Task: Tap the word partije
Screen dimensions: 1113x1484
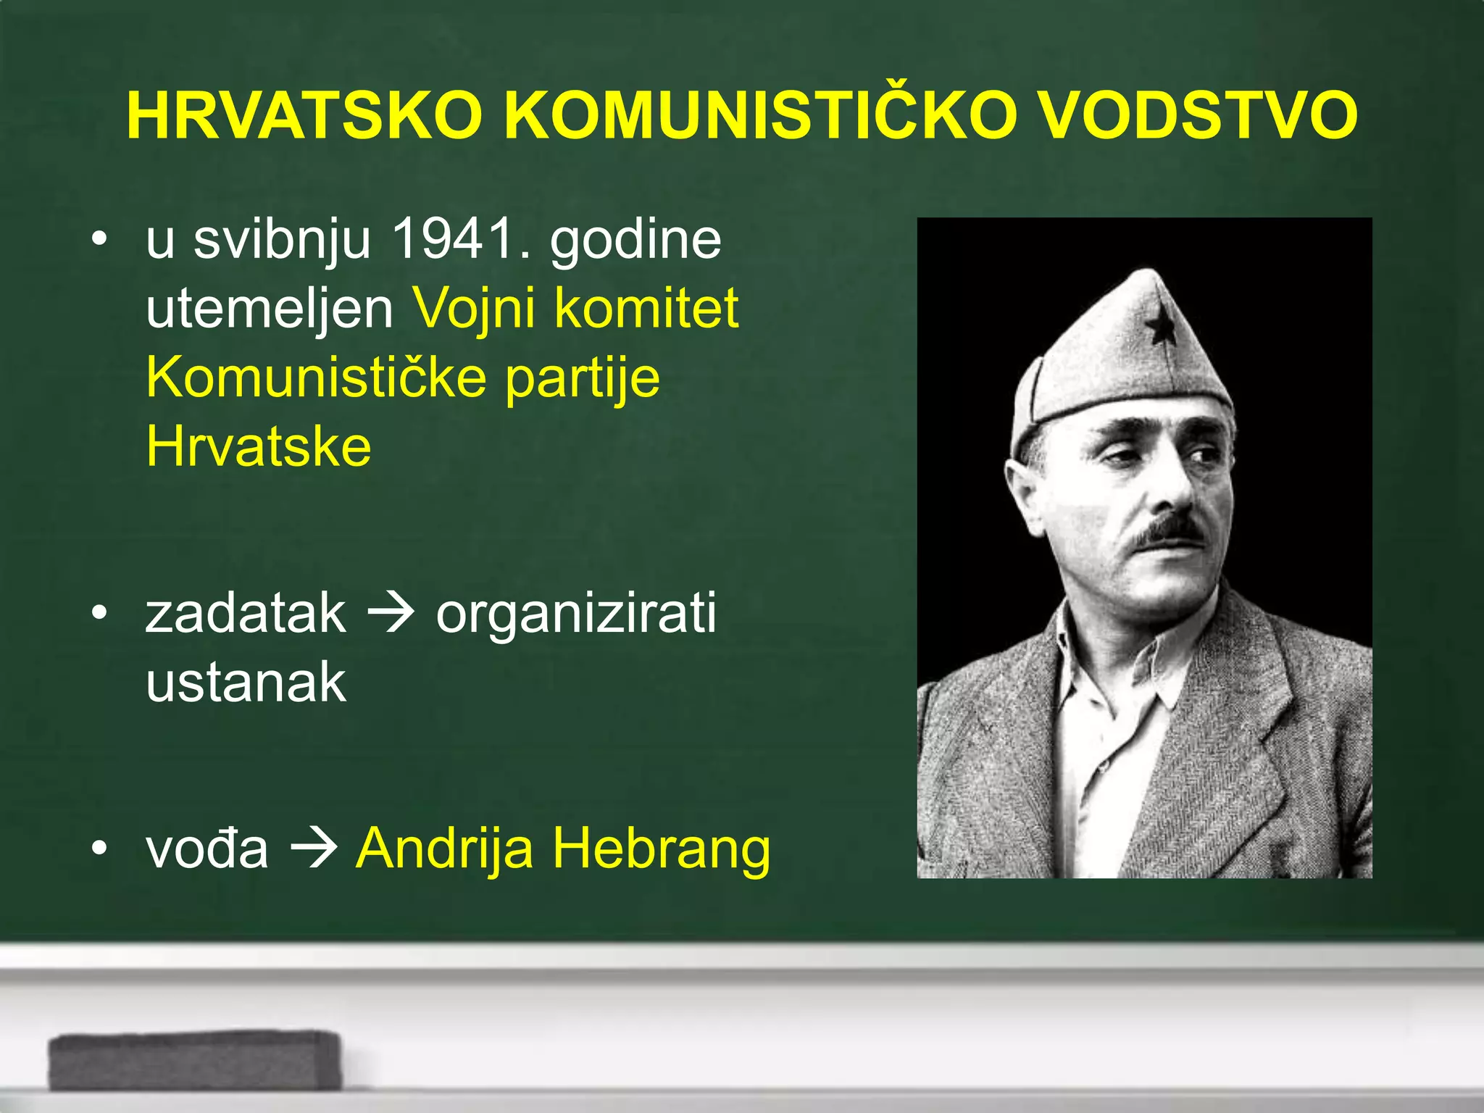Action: pyautogui.click(x=583, y=378)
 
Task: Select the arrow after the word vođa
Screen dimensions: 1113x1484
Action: pyautogui.click(x=313, y=848)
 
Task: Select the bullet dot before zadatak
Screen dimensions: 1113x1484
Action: pyautogui.click(x=100, y=613)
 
